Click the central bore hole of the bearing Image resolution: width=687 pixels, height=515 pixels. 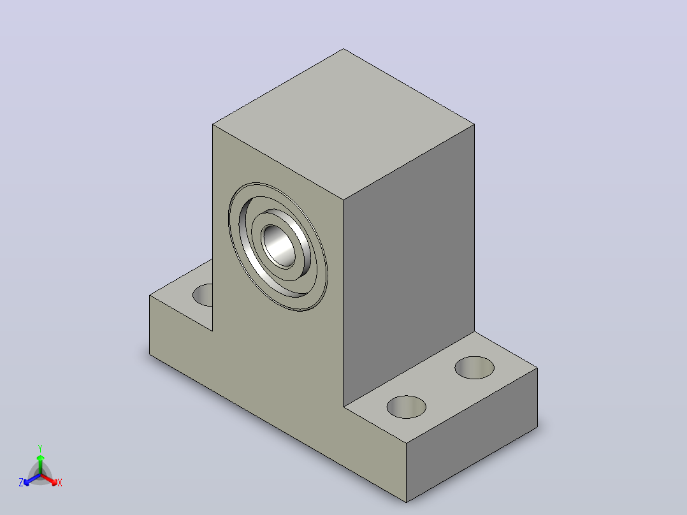tap(279, 246)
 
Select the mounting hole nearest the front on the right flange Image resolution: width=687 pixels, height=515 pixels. tap(406, 407)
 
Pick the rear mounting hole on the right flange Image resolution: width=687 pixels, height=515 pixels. tap(475, 367)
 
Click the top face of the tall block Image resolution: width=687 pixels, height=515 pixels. tap(343, 124)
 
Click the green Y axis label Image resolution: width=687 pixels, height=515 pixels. tap(40, 448)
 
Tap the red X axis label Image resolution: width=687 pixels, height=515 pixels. tap(60, 482)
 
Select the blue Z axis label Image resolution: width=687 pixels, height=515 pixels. tap(20, 482)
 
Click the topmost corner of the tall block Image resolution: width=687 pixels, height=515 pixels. tap(343, 48)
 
